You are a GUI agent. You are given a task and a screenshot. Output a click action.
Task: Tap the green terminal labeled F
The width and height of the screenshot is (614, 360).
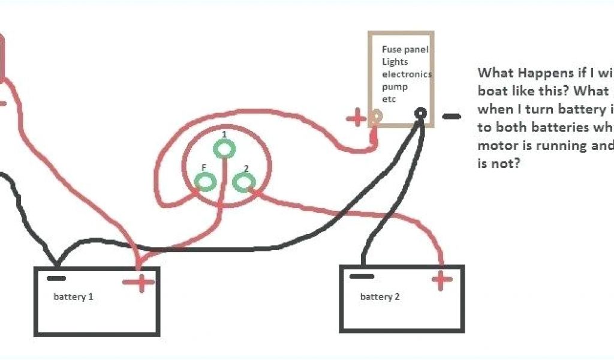coord(205,180)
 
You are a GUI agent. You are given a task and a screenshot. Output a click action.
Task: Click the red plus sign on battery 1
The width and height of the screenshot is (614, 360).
coord(142,282)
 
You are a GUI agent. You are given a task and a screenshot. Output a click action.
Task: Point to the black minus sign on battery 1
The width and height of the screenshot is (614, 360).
coord(57,278)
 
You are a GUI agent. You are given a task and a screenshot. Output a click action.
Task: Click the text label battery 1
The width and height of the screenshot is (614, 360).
coord(73,297)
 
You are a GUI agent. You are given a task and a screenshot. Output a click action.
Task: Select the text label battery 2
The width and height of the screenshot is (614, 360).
coord(380,297)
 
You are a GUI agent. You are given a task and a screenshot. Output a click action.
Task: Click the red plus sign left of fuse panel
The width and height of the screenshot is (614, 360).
coord(356,118)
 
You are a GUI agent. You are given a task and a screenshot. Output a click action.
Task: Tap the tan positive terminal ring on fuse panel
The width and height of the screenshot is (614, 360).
coord(377,117)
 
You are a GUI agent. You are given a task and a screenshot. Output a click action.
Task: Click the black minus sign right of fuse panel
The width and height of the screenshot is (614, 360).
coord(452,116)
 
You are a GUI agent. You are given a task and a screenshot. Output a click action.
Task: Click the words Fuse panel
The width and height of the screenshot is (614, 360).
coord(405,50)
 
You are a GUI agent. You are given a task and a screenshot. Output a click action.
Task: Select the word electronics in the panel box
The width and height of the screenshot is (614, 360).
coord(407,74)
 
